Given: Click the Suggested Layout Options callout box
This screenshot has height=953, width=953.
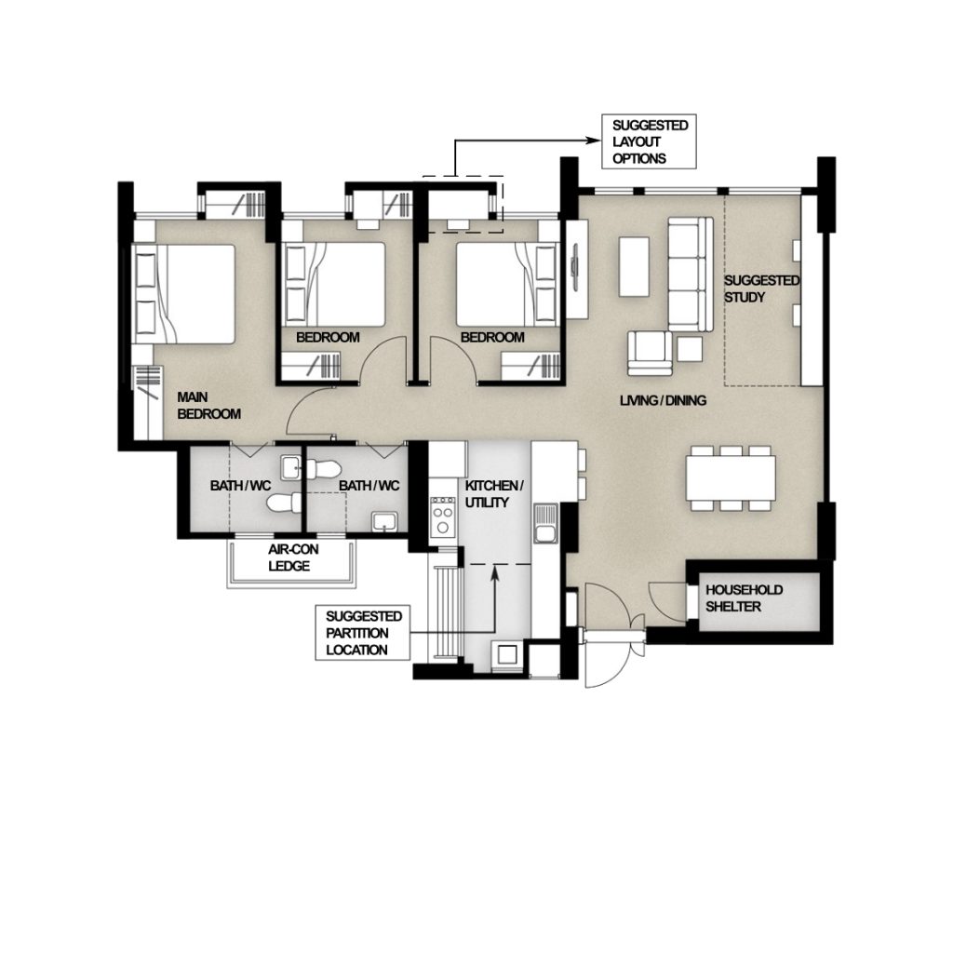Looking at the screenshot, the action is coord(649,141).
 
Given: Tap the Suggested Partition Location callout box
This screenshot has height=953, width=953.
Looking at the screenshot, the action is coord(363,633).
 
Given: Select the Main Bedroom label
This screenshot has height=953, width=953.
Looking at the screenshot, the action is coord(209,406).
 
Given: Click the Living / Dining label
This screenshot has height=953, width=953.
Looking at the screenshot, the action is coord(663,400).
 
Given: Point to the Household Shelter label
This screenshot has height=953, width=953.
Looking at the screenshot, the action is coord(744,598).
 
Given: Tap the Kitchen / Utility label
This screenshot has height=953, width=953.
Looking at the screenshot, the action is coord(494,494).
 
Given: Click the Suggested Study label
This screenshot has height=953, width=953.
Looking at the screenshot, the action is coord(761,289).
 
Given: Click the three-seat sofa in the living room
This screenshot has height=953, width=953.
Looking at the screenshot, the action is coord(691,275).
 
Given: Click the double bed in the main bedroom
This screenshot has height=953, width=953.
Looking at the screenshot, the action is coord(183,294).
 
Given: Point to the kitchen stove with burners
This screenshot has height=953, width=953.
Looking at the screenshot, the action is coord(442,517).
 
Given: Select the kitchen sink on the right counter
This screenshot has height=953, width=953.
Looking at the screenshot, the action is coord(545,523).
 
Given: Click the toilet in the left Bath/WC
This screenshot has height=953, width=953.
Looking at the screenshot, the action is coord(284,503).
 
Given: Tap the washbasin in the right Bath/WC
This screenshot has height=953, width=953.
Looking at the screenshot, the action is coord(384,522).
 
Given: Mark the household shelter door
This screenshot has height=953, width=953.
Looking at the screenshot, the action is coord(668,602).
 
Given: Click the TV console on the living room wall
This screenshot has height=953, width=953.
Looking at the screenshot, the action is coord(577,268).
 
